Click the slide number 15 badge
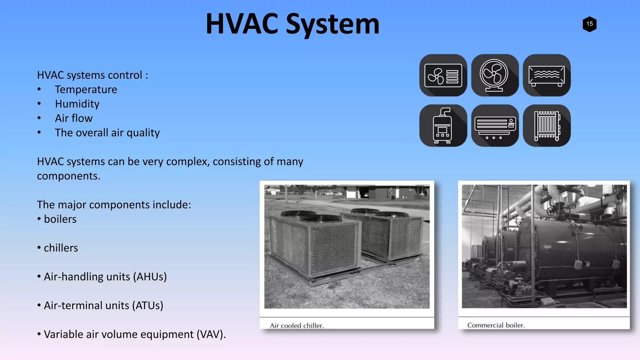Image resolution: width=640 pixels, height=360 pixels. pos(589,24)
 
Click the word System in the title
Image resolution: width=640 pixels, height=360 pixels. pos(332,24)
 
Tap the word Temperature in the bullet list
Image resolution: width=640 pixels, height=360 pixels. pos(86,90)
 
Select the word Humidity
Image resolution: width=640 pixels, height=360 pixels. pos(77,104)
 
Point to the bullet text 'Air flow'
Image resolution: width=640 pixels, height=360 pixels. pos(74,118)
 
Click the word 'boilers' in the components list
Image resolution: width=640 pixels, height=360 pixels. pos(60,219)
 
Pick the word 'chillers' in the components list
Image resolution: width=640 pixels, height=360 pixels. pos(61,248)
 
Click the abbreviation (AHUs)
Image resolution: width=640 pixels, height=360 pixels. pos(150,277)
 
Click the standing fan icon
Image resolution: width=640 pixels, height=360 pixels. pos(495,75)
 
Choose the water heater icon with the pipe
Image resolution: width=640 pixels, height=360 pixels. pos(443,126)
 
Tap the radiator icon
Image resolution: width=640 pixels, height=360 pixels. pos(547,126)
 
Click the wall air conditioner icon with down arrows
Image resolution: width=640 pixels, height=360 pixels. pos(495,126)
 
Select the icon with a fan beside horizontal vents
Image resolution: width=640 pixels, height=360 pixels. pos(443,75)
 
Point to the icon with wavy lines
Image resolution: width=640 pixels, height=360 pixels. pos(547,75)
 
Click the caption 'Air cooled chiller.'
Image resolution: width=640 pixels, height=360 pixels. pos(297,326)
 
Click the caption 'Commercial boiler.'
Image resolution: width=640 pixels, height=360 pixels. pos(496,325)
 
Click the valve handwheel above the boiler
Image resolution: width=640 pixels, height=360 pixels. pos(551,212)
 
